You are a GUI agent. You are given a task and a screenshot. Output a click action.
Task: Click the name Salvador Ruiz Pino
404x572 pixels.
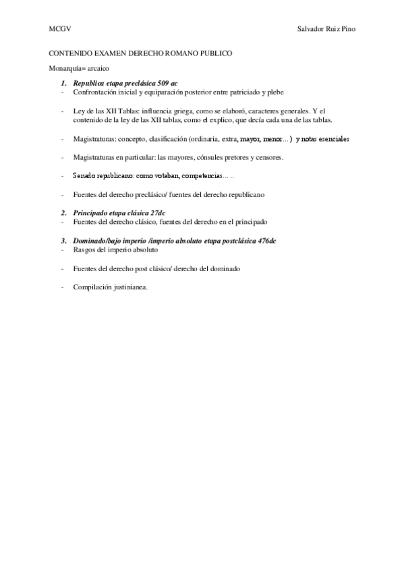click(x=326, y=30)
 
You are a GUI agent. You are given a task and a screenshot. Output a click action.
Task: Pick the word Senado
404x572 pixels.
click(x=84, y=175)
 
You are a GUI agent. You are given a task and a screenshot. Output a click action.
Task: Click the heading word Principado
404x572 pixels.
click(x=94, y=213)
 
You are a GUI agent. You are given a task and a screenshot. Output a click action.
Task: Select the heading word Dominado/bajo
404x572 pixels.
click(x=98, y=241)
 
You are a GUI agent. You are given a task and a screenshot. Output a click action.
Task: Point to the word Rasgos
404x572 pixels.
click(x=84, y=250)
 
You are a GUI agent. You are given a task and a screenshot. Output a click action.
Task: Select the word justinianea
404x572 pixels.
click(x=132, y=287)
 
